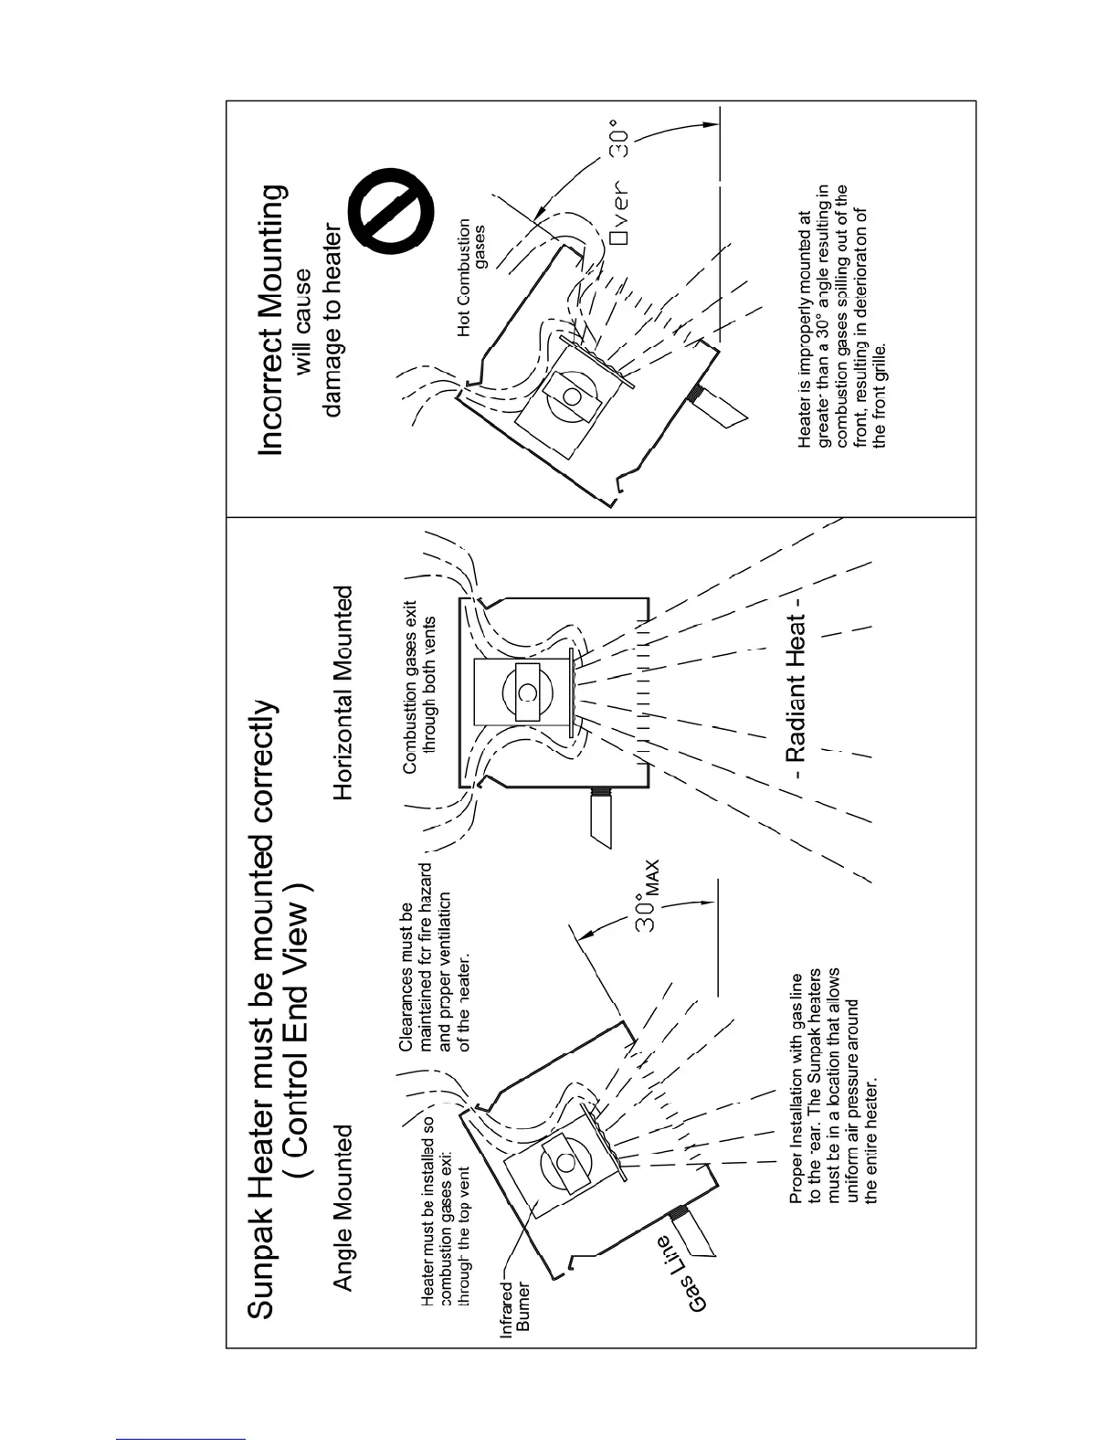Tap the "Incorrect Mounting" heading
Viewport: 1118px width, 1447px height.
coord(272,320)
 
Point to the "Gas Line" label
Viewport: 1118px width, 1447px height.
coord(682,1274)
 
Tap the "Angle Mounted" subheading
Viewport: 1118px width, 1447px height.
coord(343,1208)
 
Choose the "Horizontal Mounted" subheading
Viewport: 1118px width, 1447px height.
coord(343,693)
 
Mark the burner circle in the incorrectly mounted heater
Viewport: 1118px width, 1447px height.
coord(573,396)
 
